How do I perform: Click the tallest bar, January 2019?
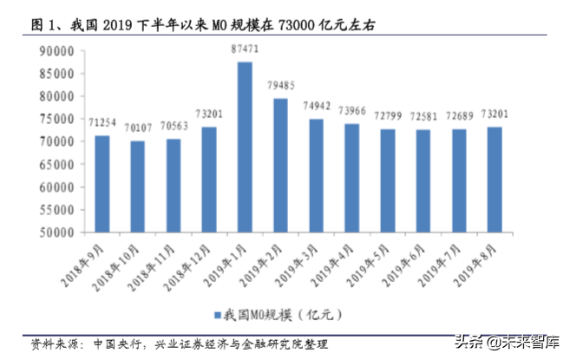(245, 147)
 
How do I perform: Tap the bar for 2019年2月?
(280, 165)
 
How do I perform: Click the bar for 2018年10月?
(138, 187)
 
